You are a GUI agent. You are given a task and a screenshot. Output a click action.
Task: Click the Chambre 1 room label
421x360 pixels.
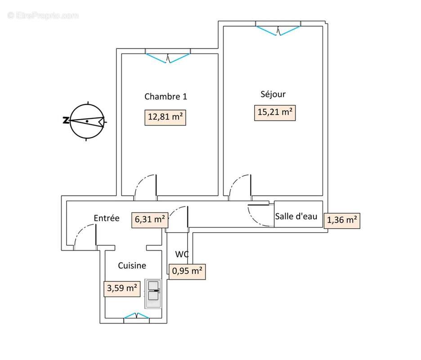point(166,96)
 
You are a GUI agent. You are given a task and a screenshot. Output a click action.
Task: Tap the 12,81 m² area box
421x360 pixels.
point(165,117)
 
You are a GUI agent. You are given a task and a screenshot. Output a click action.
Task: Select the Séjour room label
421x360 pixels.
point(273,94)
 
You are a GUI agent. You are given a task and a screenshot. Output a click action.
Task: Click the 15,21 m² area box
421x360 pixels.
point(275,112)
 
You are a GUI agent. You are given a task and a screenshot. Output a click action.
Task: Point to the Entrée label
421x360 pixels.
point(107,218)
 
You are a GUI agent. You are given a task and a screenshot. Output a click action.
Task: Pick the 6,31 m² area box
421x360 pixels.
point(150,220)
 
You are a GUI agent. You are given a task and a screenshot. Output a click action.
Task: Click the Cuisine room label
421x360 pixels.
point(132,265)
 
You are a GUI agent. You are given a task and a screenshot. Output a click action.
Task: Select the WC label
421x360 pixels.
point(182,254)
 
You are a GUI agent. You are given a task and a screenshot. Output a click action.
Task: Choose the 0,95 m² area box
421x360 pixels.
point(187,271)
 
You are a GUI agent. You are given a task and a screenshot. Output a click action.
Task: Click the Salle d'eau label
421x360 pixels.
point(296,216)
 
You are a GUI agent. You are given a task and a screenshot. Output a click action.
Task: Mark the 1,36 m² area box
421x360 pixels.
point(342,220)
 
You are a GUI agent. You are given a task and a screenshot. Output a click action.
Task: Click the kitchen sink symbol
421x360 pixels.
point(153,294)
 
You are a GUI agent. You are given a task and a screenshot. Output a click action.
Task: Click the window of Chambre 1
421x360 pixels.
point(168,57)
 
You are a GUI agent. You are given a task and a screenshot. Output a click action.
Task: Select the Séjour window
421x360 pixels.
point(278,30)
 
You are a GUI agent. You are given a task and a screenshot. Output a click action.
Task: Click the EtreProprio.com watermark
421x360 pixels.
point(43,16)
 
